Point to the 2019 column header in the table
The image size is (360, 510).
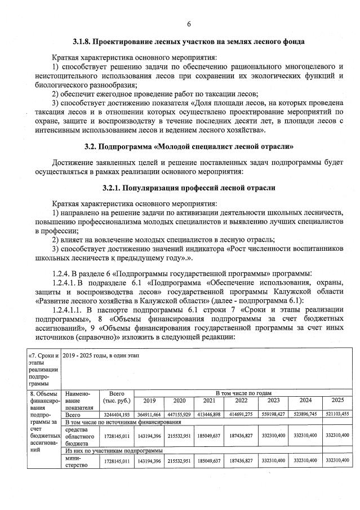[149, 401]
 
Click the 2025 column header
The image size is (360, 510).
[337, 401]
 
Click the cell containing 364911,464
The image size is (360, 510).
[149, 414]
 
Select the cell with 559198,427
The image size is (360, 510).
[273, 414]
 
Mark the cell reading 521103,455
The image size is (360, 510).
[337, 414]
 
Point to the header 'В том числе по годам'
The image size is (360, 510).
[243, 392]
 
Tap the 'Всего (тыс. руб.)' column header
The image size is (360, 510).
[117, 396]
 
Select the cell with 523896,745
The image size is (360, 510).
[305, 414]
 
